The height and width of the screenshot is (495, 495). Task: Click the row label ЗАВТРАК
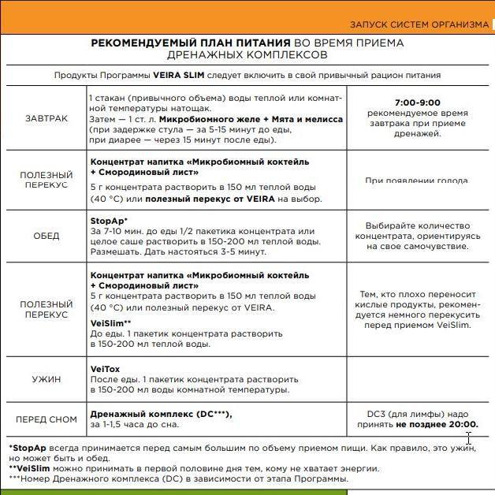[46, 119]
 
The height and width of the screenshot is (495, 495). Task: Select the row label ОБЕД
[46, 236]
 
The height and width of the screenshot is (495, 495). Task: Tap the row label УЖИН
[46, 379]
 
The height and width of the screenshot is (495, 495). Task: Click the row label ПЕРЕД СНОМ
[46, 419]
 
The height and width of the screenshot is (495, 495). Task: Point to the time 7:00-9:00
[417, 102]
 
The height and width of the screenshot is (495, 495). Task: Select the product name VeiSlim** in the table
[110, 323]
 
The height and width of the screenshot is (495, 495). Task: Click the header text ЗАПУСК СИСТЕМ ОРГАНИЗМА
[419, 24]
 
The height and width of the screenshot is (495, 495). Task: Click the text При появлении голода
[417, 181]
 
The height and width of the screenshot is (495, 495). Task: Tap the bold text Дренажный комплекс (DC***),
[162, 413]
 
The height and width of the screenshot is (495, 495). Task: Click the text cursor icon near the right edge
[469, 438]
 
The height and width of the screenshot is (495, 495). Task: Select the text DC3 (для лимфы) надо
[417, 413]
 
